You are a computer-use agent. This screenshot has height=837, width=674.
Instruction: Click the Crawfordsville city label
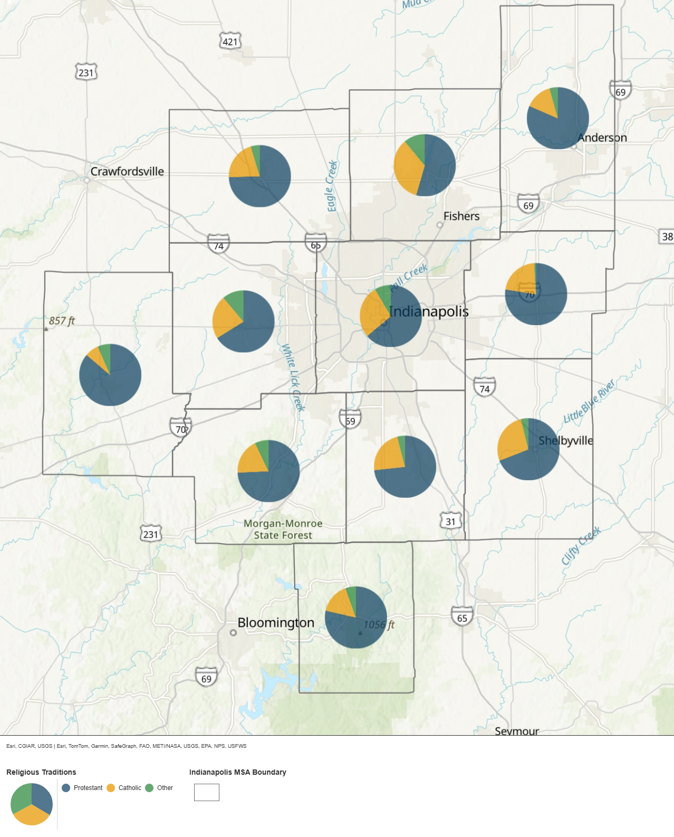(127, 172)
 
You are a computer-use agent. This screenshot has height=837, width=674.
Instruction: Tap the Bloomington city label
(275, 623)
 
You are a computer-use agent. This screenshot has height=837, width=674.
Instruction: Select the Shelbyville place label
(565, 441)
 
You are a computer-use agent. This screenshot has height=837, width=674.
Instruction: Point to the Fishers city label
(461, 216)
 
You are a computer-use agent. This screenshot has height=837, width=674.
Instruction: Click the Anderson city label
(602, 138)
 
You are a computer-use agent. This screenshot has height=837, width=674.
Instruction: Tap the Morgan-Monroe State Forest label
(283, 529)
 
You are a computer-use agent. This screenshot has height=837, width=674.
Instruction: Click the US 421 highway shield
(230, 42)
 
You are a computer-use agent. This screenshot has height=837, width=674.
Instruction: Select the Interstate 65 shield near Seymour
(462, 617)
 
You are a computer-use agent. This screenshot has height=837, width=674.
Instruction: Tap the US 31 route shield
(450, 521)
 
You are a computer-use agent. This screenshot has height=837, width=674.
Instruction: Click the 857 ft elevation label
(62, 321)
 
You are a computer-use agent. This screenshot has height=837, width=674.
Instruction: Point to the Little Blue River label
(589, 402)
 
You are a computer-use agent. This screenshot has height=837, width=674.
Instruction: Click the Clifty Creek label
(581, 546)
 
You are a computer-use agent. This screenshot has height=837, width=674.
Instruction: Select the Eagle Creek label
(331, 186)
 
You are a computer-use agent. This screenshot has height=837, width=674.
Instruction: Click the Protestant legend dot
(66, 788)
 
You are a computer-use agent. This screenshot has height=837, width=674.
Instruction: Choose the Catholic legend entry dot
(111, 788)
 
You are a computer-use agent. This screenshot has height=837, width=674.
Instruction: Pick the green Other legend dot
(149, 788)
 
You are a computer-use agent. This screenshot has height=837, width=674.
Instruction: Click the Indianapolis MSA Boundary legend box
(207, 792)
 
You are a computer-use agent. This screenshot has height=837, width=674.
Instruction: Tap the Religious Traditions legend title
(41, 772)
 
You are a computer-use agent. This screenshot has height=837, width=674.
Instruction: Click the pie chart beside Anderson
(557, 118)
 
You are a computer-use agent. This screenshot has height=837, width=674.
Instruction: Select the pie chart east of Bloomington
(356, 617)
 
